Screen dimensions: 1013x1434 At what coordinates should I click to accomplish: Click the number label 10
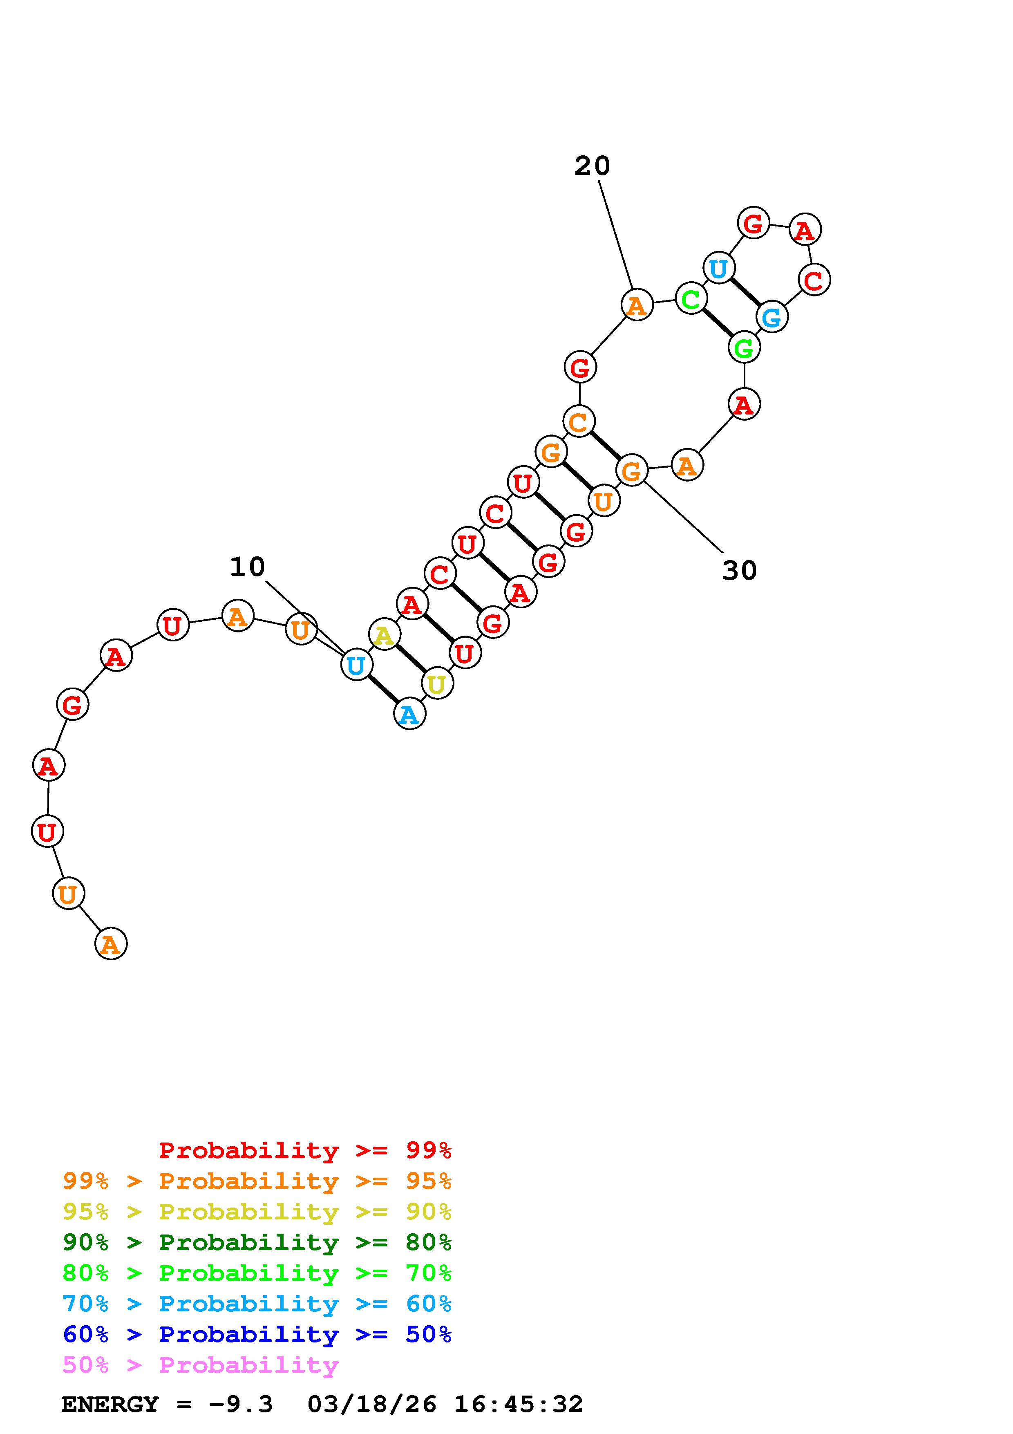click(247, 567)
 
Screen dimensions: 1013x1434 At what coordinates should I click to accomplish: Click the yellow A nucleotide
click(384, 635)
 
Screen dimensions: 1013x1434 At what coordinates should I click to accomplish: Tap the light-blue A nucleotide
click(409, 713)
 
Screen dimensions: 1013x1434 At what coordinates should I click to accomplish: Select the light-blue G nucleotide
click(772, 317)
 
